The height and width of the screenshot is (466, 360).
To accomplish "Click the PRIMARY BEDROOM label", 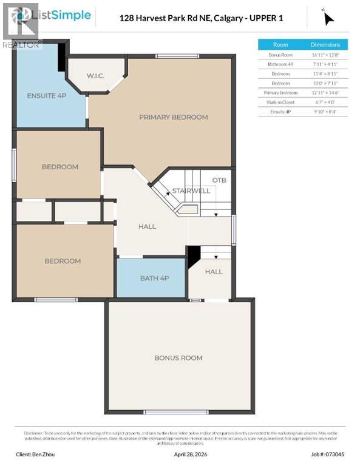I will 173,117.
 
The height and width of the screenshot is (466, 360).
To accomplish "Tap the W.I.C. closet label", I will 96,76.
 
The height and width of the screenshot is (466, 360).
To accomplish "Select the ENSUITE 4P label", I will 47,96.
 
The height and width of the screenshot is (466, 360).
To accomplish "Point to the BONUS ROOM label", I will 178,358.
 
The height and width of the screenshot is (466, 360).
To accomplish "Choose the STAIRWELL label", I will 191,191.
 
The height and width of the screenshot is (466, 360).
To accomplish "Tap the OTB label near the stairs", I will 219,180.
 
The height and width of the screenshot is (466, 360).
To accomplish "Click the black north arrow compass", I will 328,18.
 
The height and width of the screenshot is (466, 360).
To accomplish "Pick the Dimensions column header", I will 325,44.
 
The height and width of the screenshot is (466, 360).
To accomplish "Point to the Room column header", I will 280,44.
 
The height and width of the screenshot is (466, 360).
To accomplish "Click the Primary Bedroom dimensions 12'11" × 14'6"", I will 325,92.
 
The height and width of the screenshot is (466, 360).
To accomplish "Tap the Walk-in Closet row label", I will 280,102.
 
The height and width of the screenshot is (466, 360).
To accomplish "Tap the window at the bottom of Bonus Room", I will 179,412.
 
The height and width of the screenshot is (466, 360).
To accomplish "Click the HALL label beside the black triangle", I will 214,272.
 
